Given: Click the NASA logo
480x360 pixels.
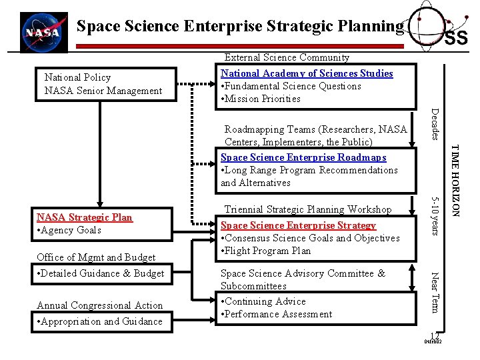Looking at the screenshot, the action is pyautogui.click(x=43, y=31).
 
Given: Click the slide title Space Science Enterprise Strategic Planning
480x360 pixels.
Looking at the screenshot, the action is pyautogui.click(x=240, y=27).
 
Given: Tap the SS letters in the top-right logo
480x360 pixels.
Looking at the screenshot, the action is pyautogui.click(x=456, y=38).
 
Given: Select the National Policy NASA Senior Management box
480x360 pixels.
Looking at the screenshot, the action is pyautogui.click(x=103, y=84).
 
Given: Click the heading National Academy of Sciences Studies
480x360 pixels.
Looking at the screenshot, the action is pyautogui.click(x=307, y=73).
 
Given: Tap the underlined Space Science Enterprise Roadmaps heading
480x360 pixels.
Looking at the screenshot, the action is pyautogui.click(x=303, y=157).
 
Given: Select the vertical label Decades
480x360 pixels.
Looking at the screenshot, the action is pyautogui.click(x=435, y=123).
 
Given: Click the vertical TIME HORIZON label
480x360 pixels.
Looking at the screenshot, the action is pyautogui.click(x=455, y=180).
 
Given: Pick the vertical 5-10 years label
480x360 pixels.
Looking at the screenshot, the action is pyautogui.click(x=435, y=215).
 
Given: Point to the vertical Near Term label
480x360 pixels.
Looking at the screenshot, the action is pyautogui.click(x=435, y=292).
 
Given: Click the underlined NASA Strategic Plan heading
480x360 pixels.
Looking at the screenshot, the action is pyautogui.click(x=85, y=217).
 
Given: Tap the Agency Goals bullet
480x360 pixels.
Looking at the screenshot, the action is pyautogui.click(x=69, y=230).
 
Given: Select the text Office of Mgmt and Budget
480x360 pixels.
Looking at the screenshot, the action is pyautogui.click(x=96, y=257).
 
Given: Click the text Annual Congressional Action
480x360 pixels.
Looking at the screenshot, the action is pyautogui.click(x=100, y=305).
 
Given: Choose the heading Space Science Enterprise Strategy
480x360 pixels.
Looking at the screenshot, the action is pyautogui.click(x=298, y=225).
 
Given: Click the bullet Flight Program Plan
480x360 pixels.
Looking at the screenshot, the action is pyautogui.click(x=266, y=251).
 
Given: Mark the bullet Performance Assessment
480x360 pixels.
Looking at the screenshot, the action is pyautogui.click(x=277, y=314).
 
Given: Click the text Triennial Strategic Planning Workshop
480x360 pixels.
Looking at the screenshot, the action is pyautogui.click(x=308, y=209).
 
